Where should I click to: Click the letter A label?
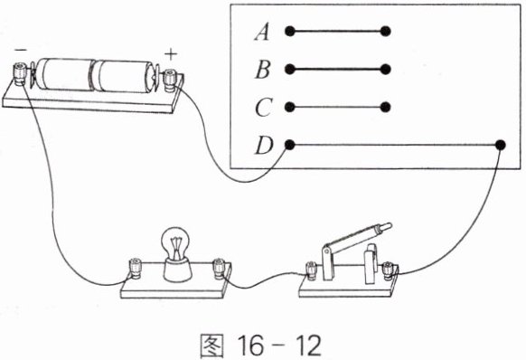262,33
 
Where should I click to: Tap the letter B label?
263,71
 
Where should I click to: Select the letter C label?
263,108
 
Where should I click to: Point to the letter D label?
264,146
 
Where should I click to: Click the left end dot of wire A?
290,32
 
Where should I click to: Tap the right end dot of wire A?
385,32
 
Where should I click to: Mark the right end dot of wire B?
385,69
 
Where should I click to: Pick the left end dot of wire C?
290,107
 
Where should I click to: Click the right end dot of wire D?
500,145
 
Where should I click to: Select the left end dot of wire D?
290,145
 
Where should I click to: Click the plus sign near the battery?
171,54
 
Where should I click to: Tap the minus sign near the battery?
21,50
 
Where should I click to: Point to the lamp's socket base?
177,270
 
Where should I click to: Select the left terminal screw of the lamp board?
136,268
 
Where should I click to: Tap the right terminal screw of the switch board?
389,270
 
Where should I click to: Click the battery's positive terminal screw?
169,80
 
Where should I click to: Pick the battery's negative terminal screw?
19,73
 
